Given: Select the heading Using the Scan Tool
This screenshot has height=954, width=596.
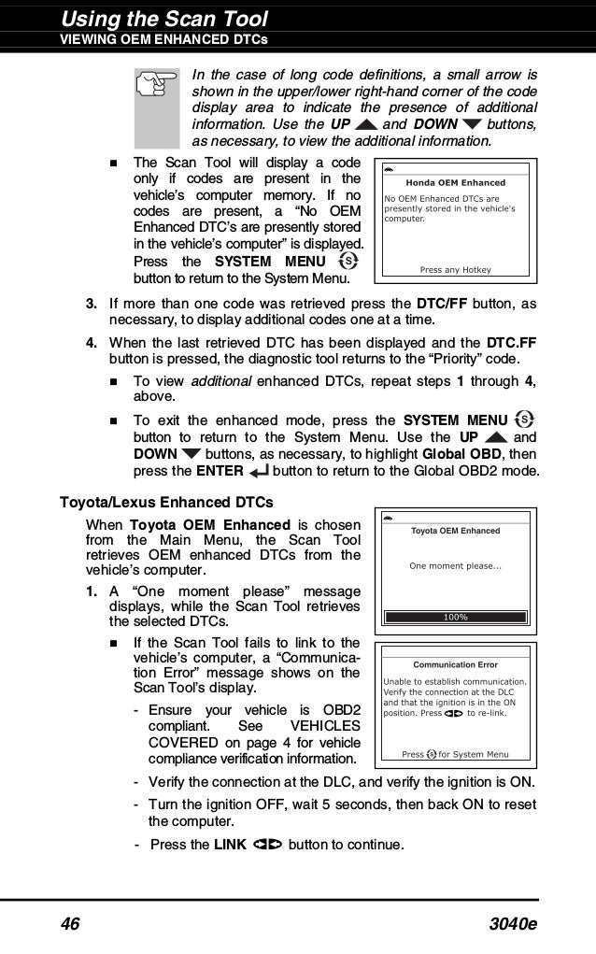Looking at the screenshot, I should tap(164, 18).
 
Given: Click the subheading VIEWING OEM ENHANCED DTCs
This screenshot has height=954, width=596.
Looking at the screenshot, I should tap(164, 39).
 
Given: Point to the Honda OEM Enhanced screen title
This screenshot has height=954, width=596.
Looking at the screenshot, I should tap(455, 183).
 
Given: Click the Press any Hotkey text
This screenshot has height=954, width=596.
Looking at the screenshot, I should tap(455, 270).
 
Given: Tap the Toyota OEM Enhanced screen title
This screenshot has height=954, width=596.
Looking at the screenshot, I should tap(455, 531).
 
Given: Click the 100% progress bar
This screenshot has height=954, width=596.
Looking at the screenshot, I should tap(455, 617).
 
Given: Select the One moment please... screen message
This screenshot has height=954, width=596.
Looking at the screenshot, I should tap(455, 565).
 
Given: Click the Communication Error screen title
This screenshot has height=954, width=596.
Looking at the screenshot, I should tap(455, 664).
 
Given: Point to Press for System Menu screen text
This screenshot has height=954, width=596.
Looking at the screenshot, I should tap(455, 754).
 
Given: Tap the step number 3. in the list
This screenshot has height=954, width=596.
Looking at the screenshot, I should tap(92, 304).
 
